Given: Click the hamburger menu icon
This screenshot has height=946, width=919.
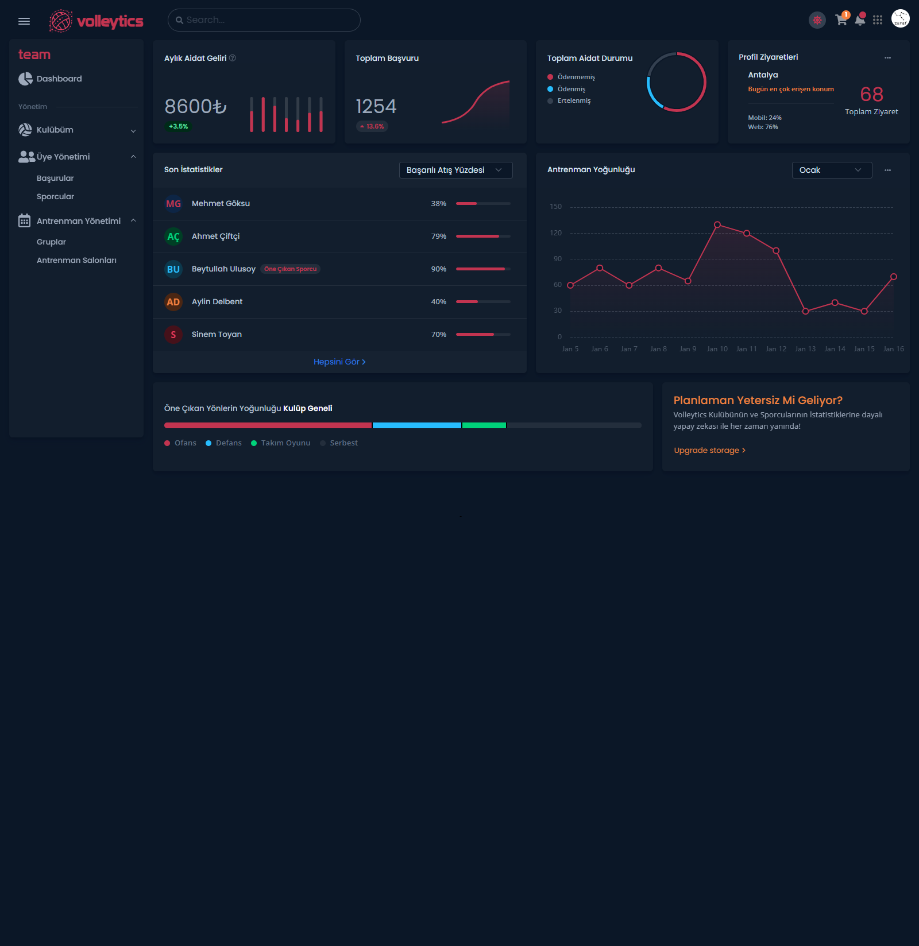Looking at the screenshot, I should pos(24,21).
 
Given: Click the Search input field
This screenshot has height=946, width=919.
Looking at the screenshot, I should pos(264,20).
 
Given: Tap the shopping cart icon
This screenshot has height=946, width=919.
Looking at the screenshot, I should pos(841,20).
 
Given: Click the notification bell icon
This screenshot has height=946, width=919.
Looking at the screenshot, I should pos(860,21).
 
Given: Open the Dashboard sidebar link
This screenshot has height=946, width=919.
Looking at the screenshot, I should pos(59,79).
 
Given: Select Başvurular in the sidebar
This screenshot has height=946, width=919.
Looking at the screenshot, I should pos(55,178).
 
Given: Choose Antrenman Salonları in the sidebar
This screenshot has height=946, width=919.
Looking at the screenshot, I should pos(76,260).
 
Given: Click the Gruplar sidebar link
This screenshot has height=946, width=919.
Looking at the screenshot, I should pos(51,242).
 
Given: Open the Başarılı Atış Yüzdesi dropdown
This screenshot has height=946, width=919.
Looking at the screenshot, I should pos(455,170).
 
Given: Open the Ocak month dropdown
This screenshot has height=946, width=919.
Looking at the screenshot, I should pos(832,170).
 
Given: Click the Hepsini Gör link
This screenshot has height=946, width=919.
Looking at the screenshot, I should pos(339,362).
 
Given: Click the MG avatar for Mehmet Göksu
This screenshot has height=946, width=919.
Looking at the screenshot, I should pos(173,204).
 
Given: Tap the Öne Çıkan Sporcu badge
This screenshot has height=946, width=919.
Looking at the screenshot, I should pos(290,269).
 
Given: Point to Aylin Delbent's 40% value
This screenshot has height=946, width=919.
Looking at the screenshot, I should pos(439,301).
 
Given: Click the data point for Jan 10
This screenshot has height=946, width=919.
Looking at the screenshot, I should pos(717,225).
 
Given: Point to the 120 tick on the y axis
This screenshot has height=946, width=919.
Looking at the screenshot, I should pos(555,233).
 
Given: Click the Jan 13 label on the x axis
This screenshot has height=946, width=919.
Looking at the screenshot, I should pos(805,348).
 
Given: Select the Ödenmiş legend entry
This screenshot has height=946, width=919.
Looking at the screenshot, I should pos(571,89).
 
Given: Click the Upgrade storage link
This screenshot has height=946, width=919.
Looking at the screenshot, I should pos(709,450).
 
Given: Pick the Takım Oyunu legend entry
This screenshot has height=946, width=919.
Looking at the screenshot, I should pos(285,443).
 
